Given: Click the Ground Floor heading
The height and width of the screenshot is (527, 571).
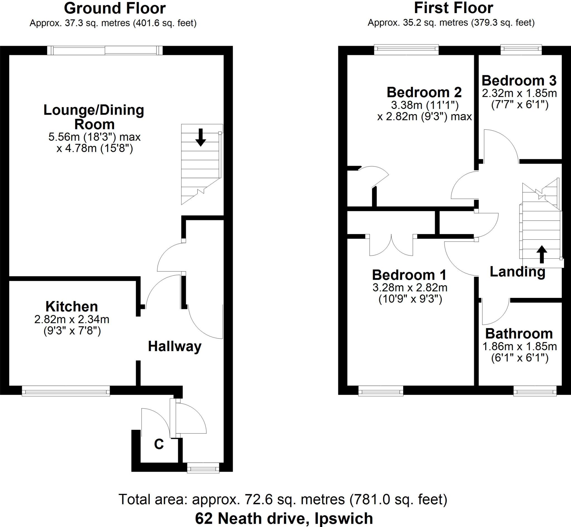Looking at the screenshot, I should click(115, 9).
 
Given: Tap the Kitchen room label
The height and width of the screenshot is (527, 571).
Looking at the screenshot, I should click(72, 307).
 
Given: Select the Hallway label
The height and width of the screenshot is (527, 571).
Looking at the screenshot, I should click(175, 347).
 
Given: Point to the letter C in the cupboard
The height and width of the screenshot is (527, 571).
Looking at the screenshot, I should click(159, 444).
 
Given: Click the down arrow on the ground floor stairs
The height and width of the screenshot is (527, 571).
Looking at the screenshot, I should click(201, 138).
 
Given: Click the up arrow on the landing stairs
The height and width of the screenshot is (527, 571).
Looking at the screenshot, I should click(541, 254).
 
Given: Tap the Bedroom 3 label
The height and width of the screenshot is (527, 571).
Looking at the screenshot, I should click(519, 81).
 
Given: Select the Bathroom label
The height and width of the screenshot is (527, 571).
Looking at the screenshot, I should click(519, 334).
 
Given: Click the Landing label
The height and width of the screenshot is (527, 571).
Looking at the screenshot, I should click(517, 272).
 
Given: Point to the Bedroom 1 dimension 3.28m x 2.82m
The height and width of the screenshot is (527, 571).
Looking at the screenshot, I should click(410, 288).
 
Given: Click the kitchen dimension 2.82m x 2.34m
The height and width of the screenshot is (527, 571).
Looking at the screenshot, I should click(72, 319).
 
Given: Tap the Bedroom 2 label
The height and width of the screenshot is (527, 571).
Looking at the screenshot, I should click(424, 92).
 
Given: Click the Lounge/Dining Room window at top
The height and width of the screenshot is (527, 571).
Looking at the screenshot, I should click(105, 50).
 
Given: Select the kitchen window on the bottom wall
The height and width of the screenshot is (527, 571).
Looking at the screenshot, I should click(66, 391).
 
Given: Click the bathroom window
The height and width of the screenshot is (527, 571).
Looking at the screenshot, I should click(535, 391).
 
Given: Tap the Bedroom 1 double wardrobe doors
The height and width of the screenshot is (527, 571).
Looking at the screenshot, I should click(391, 246).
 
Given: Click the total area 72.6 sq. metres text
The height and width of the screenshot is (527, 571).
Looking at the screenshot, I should click(283, 499).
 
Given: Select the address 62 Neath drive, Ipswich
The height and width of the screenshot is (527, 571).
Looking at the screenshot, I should click(284, 518).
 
